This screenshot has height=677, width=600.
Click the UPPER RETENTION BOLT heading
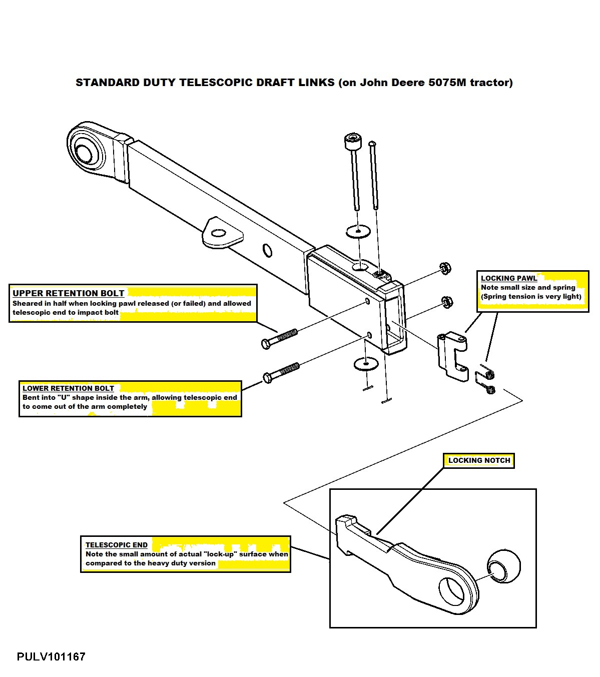tap(68, 293)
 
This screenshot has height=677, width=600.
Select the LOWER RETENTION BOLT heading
tap(68, 388)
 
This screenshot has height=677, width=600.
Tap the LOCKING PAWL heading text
tap(508, 278)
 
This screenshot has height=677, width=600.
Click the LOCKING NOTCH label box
tap(479, 461)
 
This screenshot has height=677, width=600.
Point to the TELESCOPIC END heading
tap(116, 545)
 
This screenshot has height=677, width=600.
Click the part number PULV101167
tap(51, 656)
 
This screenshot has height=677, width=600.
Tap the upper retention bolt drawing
tap(280, 337)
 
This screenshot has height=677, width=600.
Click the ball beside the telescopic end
tap(503, 566)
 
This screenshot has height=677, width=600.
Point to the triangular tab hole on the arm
tap(219, 233)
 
